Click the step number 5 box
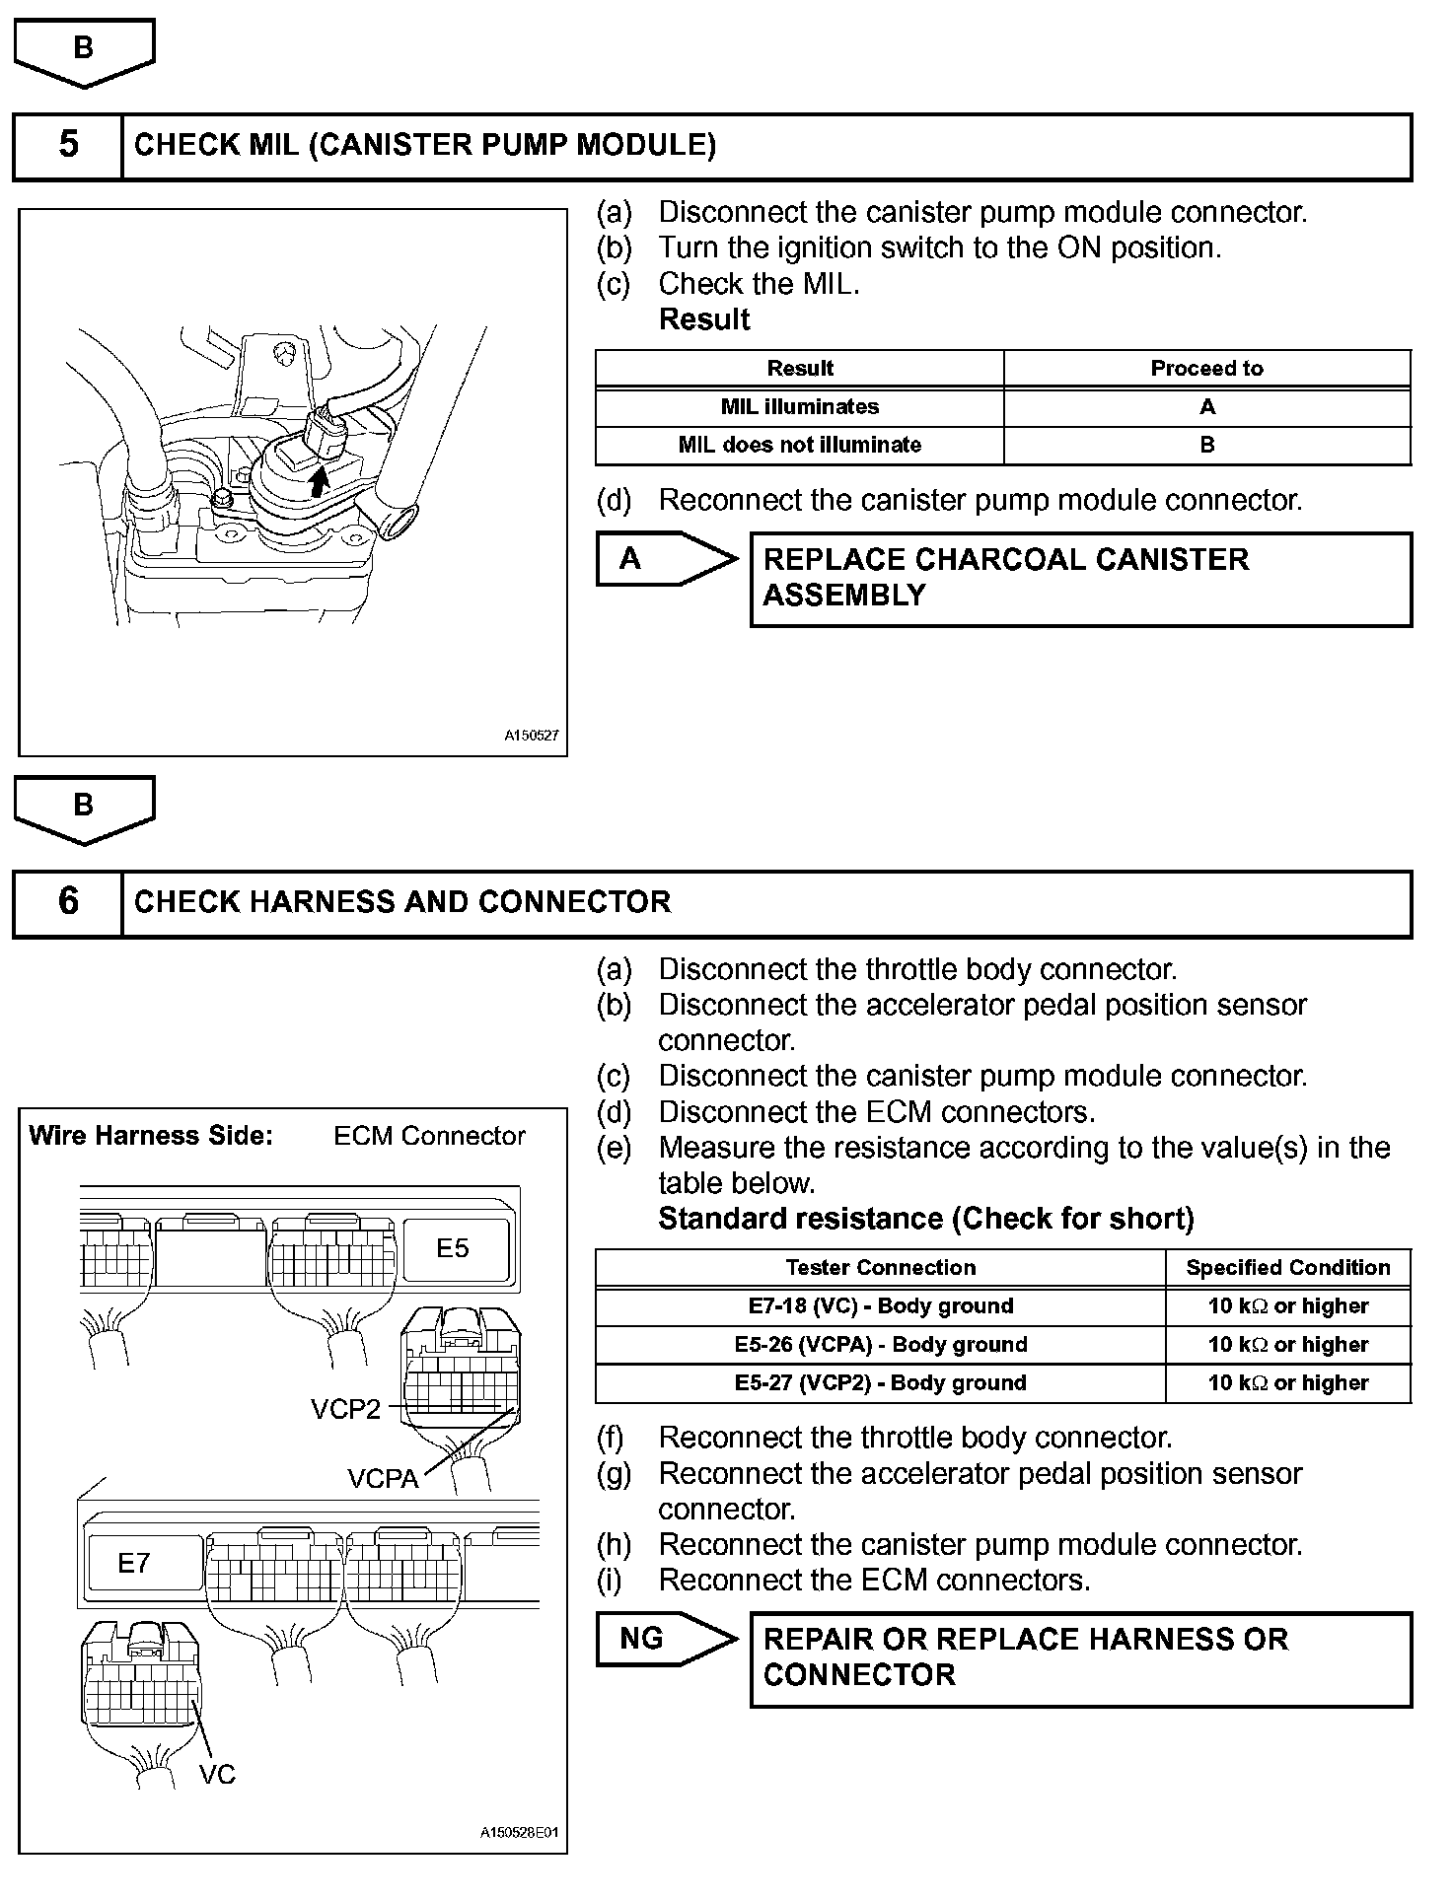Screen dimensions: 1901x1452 [67, 146]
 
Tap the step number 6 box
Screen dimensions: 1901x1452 [67, 902]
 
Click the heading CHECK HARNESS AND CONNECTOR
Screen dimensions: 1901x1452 [402, 902]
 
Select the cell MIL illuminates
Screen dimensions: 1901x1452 [799, 406]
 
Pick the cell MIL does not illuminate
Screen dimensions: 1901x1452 [799, 445]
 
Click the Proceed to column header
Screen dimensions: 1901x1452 [1206, 368]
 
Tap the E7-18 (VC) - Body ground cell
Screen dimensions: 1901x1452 [880, 1306]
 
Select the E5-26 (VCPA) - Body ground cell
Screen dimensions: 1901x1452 [880, 1345]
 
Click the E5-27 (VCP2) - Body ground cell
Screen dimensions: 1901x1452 [880, 1383]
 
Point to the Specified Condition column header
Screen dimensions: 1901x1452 [1287, 1268]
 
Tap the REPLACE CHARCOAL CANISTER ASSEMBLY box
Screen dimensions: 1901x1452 [1080, 579]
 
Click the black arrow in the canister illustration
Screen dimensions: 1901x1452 [318, 483]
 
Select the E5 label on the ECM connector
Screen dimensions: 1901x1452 [453, 1248]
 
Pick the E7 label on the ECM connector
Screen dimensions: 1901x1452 [134, 1563]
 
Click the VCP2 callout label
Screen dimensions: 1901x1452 [345, 1410]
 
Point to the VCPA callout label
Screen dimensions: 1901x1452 [383, 1479]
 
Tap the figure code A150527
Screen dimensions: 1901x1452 [532, 736]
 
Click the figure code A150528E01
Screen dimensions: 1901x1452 [519, 1833]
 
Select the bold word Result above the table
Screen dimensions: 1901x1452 [704, 319]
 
